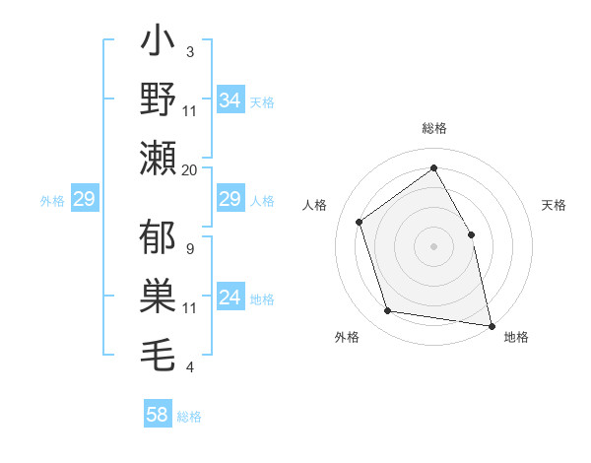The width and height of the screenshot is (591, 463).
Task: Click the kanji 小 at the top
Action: pos(159,44)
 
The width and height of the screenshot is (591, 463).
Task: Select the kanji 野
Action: pos(159,100)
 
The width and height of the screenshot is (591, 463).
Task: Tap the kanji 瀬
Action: pos(159,158)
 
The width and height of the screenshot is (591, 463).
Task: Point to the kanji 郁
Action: pos(159,239)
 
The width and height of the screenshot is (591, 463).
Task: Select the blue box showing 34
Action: pos(230,100)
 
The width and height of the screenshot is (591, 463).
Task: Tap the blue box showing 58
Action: pos(158,415)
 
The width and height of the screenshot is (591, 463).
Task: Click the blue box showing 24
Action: pos(230,298)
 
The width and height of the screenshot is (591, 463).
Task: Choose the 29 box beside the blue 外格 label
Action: pos(84,200)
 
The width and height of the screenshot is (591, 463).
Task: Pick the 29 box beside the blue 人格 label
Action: pos(230,200)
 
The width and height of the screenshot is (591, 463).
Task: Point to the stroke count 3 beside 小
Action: pos(189,51)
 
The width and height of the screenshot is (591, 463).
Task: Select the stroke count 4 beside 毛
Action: pos(189,367)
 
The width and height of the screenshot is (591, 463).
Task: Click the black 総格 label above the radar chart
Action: pos(433,128)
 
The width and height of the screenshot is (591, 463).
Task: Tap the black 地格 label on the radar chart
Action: pos(516,337)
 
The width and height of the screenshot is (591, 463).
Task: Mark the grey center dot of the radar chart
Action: pos(433,245)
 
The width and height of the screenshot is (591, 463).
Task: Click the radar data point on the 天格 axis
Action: pos(471,234)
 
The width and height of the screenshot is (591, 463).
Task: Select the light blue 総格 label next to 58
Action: pos(189,417)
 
